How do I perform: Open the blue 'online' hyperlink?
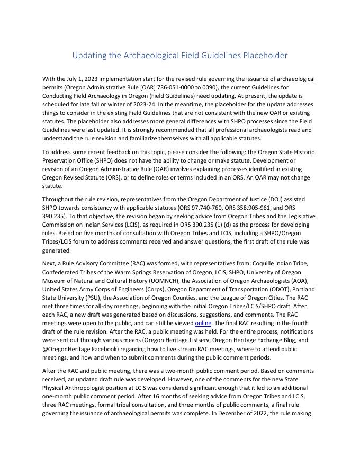(x=203, y=322)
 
